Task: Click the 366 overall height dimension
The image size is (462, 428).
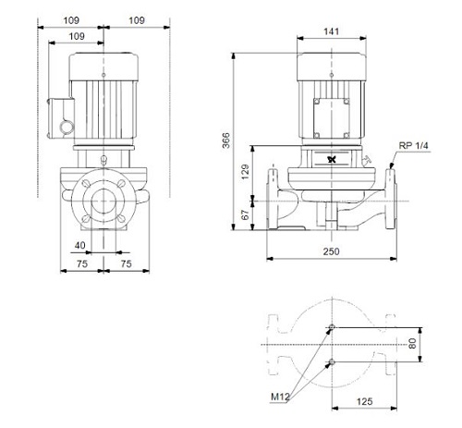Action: pyautogui.click(x=226, y=141)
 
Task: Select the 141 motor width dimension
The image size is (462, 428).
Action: pyautogui.click(x=332, y=31)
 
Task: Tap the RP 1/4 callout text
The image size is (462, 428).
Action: pyautogui.click(x=413, y=146)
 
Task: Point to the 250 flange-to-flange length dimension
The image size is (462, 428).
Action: pyautogui.click(x=332, y=251)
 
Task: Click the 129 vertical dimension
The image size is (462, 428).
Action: pyautogui.click(x=246, y=172)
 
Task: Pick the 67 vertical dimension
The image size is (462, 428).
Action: pyautogui.click(x=246, y=215)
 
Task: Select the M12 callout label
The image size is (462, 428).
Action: pyautogui.click(x=280, y=397)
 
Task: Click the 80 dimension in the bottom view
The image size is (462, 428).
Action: pyautogui.click(x=412, y=344)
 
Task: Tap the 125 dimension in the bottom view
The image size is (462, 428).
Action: pyautogui.click(x=365, y=401)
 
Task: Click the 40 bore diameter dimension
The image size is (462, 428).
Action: pyautogui.click(x=80, y=246)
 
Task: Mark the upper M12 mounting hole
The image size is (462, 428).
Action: pyautogui.click(x=332, y=327)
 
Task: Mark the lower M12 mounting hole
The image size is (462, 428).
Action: pyautogui.click(x=332, y=361)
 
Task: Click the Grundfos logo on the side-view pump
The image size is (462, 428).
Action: pyautogui.click(x=332, y=160)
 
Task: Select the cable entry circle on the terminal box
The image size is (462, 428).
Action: pyautogui.click(x=66, y=127)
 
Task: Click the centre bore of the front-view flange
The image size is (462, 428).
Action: pyautogui.click(x=103, y=201)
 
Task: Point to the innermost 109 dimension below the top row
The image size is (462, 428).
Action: pyautogui.click(x=77, y=36)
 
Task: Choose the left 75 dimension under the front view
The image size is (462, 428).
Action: pyautogui.click(x=82, y=264)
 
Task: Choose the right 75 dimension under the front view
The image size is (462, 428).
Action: pyautogui.click(x=126, y=264)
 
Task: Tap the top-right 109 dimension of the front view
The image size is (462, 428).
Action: pyautogui.click(x=137, y=20)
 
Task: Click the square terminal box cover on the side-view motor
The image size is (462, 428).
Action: pyautogui.click(x=332, y=118)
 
